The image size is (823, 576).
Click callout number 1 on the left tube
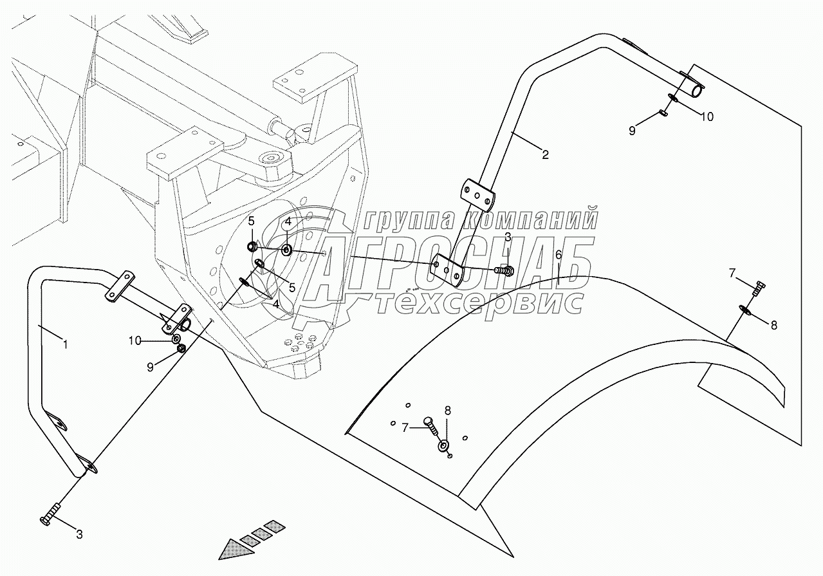[64, 345]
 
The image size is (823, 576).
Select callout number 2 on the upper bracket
[545, 154]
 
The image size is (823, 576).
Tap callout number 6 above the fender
[559, 254]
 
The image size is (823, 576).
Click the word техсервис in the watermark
[479, 302]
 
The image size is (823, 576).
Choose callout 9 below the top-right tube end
[631, 130]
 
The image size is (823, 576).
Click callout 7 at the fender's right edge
[731, 274]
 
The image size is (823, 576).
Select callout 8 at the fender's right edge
[773, 325]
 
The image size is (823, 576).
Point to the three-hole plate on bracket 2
[477, 195]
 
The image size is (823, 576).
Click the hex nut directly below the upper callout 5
[253, 246]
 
